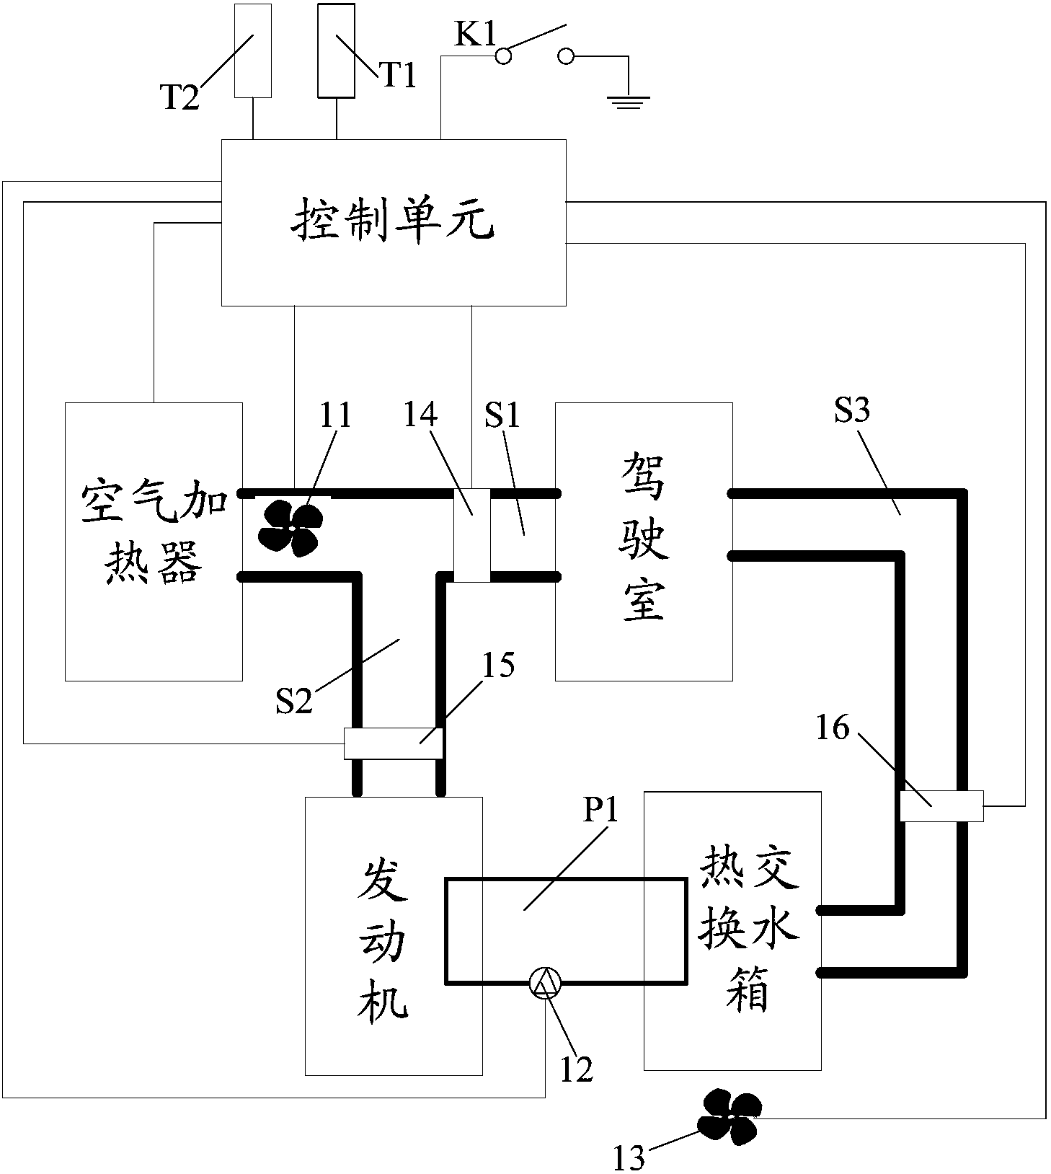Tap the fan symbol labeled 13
(x=730, y=1116)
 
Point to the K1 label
(x=474, y=35)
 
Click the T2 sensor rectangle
(x=253, y=50)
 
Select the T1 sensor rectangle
(x=336, y=50)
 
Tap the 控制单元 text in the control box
(x=393, y=221)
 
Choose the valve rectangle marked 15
(x=393, y=743)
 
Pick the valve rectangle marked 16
(x=941, y=806)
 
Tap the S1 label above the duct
(x=502, y=415)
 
